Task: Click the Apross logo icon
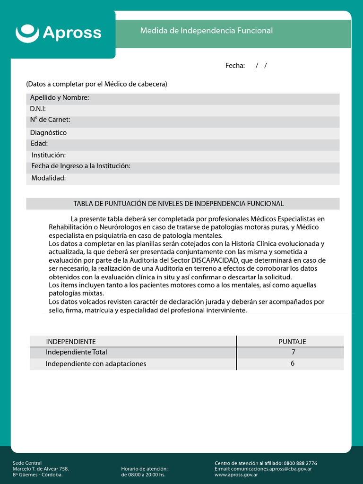point(27,33)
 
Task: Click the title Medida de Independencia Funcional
point(206,31)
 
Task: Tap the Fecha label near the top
point(235,66)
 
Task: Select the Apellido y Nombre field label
point(60,98)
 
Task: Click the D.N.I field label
point(38,109)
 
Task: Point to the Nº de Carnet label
point(50,120)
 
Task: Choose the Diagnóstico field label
point(48,133)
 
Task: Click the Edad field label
point(39,144)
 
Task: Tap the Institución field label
point(49,155)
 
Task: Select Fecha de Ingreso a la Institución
point(81,166)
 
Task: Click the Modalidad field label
point(48,178)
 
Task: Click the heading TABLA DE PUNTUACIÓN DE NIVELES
point(179,204)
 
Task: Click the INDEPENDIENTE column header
point(71,342)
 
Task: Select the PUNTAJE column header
point(292,342)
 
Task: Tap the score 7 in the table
point(293,352)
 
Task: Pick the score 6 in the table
point(293,363)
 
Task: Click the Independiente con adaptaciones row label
point(96,364)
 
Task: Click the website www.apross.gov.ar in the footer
point(236,475)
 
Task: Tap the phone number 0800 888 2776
point(300,463)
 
